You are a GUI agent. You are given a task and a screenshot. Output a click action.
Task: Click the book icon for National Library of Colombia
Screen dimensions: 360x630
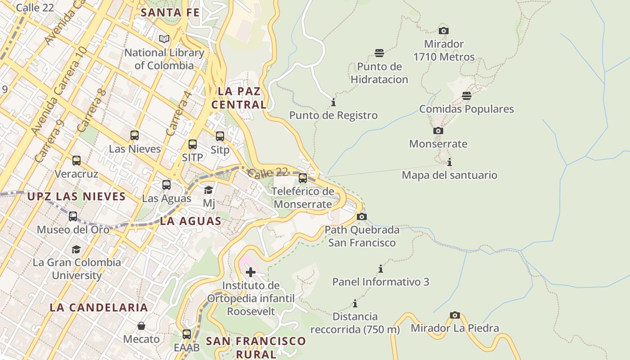164,39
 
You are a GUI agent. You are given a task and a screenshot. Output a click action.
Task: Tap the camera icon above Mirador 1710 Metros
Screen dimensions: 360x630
444,31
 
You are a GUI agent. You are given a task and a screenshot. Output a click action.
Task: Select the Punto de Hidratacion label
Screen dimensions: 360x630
379,73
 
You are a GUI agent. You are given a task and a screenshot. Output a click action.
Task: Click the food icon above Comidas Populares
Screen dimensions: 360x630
467,96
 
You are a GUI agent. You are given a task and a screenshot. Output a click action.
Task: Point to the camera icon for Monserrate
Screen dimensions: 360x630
438,130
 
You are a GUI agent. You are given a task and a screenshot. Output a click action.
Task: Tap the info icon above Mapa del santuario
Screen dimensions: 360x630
449,162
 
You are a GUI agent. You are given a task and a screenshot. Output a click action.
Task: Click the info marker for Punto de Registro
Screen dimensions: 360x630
333,102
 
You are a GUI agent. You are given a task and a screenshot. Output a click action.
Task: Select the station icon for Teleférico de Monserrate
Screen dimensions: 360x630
303,178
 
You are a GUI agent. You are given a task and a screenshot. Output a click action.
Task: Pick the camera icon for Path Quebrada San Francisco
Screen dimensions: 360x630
361,216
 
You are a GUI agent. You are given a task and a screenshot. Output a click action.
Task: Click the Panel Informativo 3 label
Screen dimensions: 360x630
381,282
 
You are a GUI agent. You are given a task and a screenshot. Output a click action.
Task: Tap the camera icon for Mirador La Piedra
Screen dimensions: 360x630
455,315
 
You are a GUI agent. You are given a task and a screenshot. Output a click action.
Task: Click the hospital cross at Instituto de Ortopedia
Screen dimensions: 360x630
251,272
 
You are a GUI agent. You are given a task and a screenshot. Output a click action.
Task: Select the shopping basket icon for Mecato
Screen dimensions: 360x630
141,326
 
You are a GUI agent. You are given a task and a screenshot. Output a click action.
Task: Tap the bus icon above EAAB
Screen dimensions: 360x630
186,334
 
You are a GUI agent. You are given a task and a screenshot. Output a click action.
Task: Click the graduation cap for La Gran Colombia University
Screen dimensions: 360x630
76,249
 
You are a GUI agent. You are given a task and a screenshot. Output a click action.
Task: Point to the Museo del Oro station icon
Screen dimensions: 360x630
73,216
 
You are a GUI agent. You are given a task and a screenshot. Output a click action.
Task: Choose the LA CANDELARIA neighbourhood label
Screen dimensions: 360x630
99,308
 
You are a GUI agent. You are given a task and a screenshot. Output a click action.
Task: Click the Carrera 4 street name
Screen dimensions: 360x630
179,114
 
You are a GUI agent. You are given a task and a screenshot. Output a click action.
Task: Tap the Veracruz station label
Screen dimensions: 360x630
76,174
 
